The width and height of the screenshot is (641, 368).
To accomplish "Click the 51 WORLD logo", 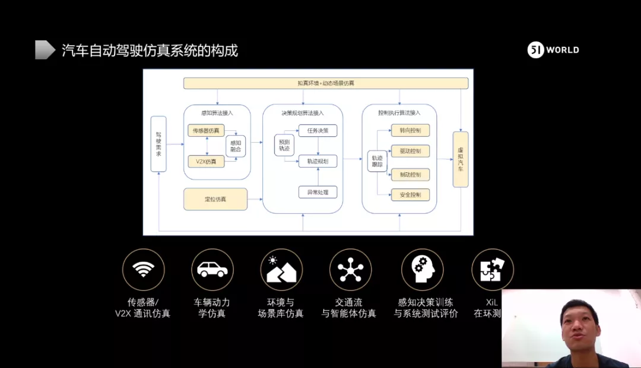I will (553, 50).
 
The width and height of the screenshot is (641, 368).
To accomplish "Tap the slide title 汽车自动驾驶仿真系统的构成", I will (150, 50).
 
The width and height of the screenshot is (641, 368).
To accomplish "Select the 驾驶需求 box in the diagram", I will (158, 144).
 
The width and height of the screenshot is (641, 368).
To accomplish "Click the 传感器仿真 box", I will (205, 130).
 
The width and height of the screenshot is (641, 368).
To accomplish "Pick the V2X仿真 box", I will (205, 161).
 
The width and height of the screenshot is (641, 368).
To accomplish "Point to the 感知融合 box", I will (235, 146).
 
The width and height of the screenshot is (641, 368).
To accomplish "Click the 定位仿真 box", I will (215, 199).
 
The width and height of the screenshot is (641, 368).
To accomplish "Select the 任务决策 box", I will (318, 130).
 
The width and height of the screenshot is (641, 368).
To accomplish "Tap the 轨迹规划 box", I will (318, 161).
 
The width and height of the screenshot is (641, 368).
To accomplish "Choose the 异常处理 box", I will (318, 192).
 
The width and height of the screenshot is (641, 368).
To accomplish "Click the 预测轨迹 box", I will (283, 145).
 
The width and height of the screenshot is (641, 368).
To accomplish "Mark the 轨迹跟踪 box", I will (377, 161).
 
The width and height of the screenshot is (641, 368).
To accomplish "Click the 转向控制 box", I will (410, 130).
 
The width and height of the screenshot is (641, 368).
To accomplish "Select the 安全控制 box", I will (410, 194).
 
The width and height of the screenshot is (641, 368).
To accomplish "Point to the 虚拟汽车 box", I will (461, 159).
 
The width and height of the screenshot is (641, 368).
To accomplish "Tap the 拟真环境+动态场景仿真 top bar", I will (326, 83).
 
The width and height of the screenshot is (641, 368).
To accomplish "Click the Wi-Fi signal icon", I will (143, 270).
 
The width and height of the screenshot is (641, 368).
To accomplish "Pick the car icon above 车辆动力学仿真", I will (212, 270).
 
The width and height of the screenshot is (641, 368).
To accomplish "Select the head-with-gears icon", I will (423, 270).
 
